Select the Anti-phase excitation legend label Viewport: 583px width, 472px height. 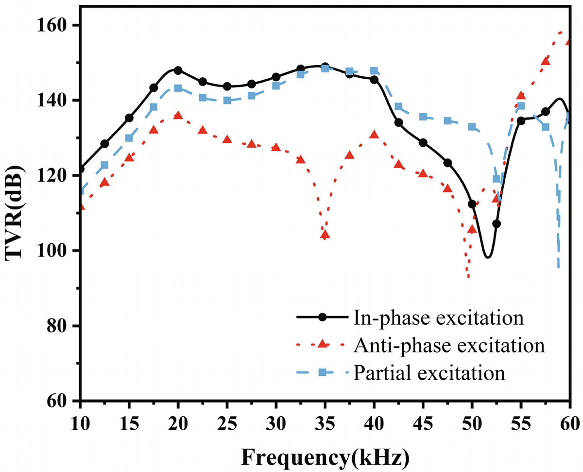448,346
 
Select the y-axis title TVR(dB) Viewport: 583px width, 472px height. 15,213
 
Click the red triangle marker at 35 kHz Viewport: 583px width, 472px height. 325,235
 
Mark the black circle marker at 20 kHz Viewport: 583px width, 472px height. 178,70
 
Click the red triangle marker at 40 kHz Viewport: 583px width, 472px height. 374,135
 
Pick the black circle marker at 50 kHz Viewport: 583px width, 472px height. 472,204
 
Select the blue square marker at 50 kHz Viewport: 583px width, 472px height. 472,127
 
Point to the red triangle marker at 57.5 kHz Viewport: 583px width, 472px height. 545,61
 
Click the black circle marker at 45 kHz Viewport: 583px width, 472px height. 423,143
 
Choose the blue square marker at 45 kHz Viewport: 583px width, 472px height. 423,117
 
